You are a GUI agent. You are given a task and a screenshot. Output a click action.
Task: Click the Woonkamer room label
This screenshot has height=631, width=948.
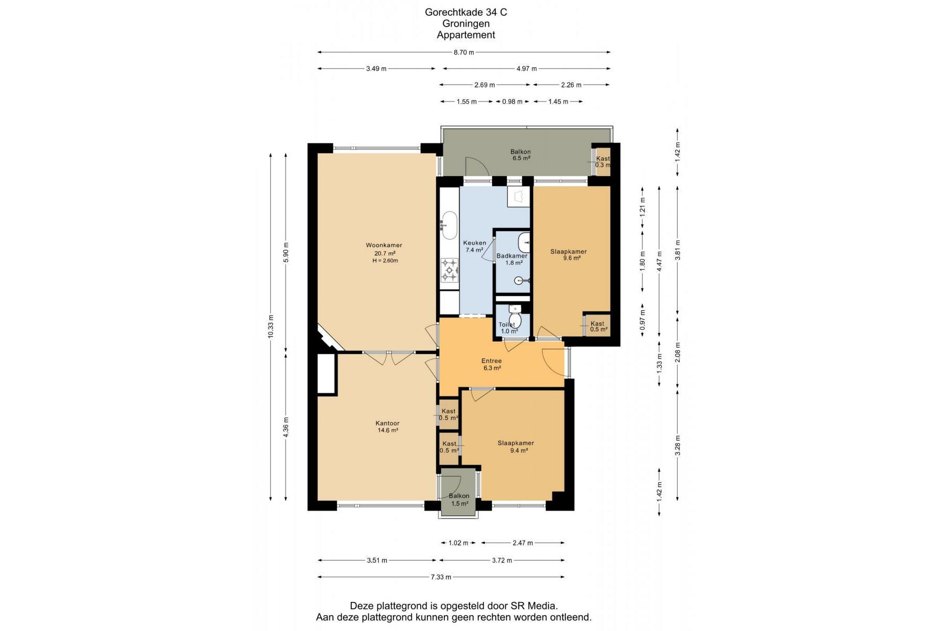point(384,245)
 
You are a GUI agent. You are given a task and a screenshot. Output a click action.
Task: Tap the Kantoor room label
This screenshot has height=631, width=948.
point(388,423)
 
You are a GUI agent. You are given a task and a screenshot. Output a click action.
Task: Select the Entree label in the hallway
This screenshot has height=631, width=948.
point(492,361)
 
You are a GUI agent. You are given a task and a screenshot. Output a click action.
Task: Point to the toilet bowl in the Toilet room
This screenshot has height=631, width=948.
point(515,320)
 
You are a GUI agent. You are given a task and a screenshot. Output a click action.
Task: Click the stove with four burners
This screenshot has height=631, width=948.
point(450,270)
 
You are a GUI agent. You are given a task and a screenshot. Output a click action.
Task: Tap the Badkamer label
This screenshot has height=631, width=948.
point(512,256)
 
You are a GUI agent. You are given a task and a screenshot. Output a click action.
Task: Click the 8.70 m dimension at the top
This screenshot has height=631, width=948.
point(464,52)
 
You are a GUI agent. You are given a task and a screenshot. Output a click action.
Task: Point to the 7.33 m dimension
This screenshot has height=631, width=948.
point(441,577)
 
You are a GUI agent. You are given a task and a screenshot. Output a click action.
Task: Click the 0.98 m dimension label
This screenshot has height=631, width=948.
point(513,101)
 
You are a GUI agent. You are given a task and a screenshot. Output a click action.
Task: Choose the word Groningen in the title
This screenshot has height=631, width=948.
point(466,24)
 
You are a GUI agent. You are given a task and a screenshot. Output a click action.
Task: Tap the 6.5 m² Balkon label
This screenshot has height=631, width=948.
point(521,155)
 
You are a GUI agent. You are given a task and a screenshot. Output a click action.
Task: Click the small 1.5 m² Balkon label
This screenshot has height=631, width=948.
point(459,500)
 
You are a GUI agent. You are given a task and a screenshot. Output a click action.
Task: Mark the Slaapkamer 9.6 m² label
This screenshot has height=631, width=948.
point(568,255)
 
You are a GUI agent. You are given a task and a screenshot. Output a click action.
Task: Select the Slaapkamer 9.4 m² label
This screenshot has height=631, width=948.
point(516,446)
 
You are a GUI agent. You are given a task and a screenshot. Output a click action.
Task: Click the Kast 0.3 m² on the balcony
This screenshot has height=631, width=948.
point(603,161)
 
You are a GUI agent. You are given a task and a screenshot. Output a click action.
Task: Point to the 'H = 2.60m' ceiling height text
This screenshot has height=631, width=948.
point(385,260)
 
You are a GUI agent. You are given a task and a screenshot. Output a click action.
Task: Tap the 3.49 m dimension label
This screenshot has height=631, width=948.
point(376,68)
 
